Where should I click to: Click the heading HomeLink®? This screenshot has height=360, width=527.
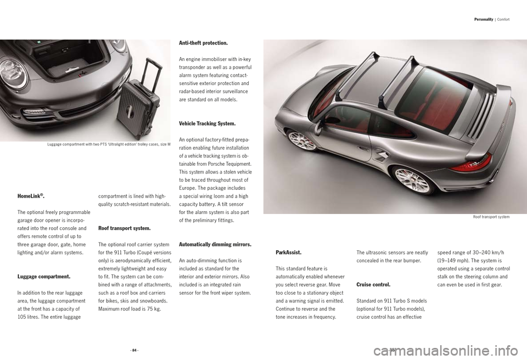tap(31, 196)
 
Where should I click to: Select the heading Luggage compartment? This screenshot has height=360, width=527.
tap(44, 277)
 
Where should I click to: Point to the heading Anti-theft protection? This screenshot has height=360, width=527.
tap(204, 43)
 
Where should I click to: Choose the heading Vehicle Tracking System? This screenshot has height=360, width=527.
tap(208, 123)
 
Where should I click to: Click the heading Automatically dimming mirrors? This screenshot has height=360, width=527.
tap(215, 244)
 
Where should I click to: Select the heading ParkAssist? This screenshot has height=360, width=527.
tap(288, 252)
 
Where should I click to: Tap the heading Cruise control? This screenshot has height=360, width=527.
tap(373, 285)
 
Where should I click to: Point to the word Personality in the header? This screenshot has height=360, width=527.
tap(485, 20)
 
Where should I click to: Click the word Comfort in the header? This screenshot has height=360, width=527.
tap(504, 20)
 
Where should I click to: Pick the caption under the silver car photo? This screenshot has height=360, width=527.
tap(491, 217)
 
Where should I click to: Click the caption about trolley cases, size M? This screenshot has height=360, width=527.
tap(109, 144)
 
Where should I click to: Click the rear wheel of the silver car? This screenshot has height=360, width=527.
tap(412, 180)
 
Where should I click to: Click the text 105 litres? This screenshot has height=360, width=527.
tap(30, 317)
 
